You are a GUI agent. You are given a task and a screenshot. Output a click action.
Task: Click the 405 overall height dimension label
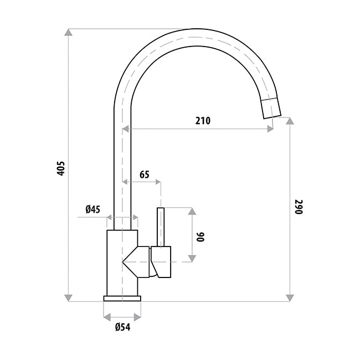tap(61, 168)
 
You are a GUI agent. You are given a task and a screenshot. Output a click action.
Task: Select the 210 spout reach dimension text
tap(203, 120)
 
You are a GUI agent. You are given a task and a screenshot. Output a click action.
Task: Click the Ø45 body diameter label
tap(92, 209)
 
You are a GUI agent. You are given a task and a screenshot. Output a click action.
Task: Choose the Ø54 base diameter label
tap(122, 327)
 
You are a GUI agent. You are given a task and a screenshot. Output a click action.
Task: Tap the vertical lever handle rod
tap(162, 227)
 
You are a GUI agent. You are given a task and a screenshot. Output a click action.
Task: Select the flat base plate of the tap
tap(122, 299)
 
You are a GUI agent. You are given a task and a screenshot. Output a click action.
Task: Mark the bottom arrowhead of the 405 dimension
tap(69, 298)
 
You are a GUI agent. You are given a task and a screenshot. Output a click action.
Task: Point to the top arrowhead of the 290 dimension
tap(290, 121)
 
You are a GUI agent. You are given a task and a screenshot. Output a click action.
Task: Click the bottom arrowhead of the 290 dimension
tap(290, 298)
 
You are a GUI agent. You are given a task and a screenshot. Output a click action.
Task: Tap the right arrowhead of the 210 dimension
tap(270, 129)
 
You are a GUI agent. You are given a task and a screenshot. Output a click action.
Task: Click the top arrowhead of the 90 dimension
tap(192, 212)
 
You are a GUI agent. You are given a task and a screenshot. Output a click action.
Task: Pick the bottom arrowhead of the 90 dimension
tap(192, 258)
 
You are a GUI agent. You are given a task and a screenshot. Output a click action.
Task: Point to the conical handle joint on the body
tap(137, 261)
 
